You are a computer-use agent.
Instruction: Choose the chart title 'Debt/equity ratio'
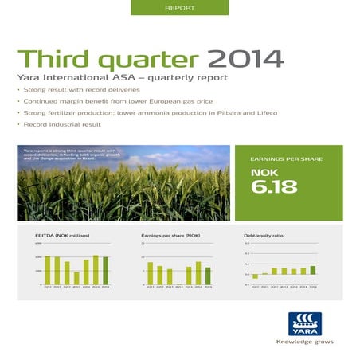click(263, 236)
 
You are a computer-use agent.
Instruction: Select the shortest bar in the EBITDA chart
click(76, 278)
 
